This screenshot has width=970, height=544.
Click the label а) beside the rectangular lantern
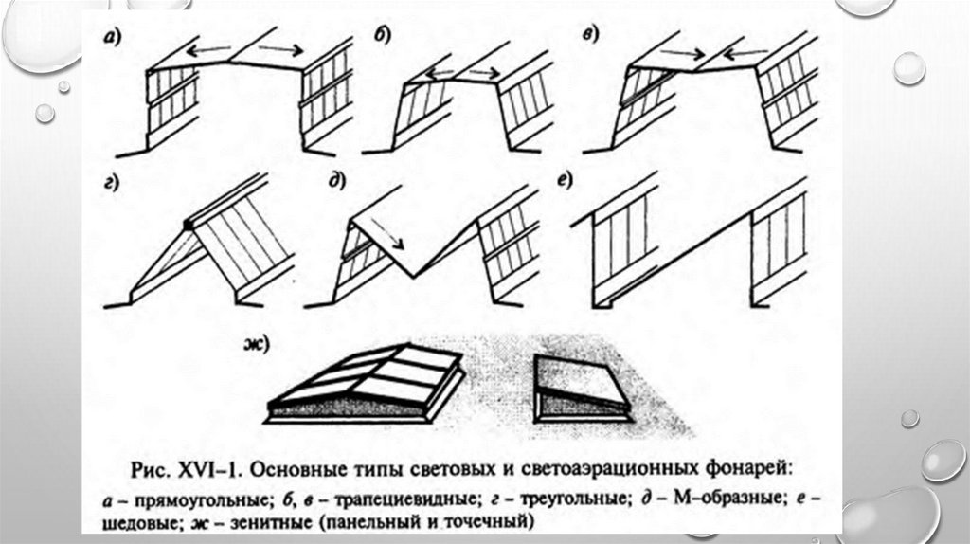[112, 38]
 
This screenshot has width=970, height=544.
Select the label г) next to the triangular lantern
[112, 184]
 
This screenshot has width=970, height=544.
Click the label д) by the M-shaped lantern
[356, 184]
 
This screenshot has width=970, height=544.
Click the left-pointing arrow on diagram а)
[208, 49]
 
